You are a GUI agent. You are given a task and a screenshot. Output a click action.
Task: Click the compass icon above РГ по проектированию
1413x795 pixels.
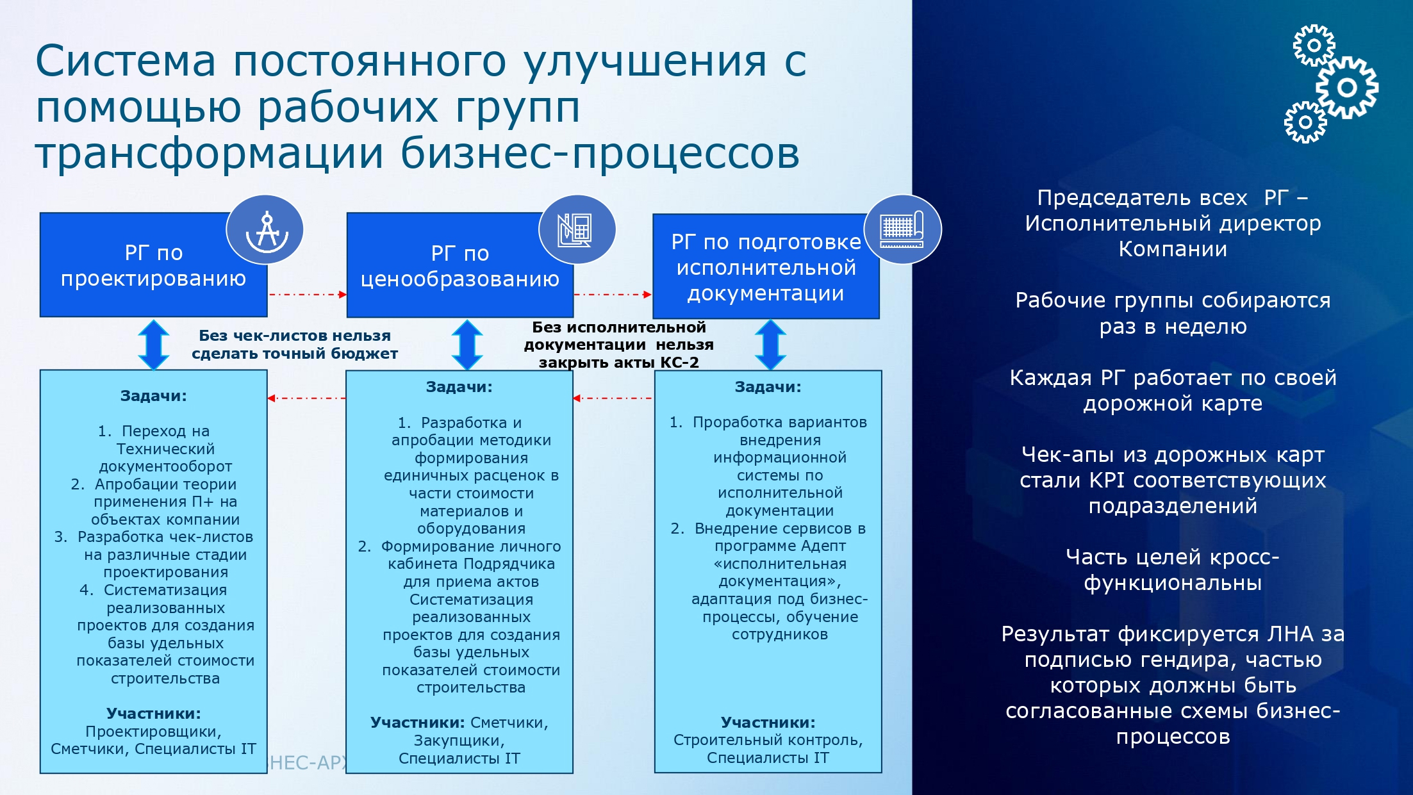pyautogui.click(x=265, y=229)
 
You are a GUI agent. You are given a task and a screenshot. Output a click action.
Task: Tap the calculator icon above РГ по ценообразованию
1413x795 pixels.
pyautogui.click(x=576, y=229)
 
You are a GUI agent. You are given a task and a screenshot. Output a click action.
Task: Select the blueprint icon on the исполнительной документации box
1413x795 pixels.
pyautogui.click(x=902, y=229)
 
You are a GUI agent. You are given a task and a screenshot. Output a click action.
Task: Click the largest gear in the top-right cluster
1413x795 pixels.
pyautogui.click(x=1346, y=87)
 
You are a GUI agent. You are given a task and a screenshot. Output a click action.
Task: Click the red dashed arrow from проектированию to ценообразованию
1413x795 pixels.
pyautogui.click(x=307, y=295)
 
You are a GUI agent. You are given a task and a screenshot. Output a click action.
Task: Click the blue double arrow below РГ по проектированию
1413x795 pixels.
pyautogui.click(x=154, y=345)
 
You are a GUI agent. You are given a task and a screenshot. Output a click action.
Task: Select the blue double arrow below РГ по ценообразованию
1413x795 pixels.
pyautogui.click(x=467, y=345)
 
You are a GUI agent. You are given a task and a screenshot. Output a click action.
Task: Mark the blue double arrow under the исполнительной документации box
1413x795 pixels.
pyautogui.click(x=770, y=345)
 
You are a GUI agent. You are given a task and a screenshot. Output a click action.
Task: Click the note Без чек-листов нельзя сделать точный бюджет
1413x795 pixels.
pyautogui.click(x=294, y=345)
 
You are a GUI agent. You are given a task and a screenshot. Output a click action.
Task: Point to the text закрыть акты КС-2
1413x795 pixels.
pyautogui.click(x=618, y=363)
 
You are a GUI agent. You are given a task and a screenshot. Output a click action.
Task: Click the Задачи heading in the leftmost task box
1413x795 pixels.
pyautogui.click(x=153, y=396)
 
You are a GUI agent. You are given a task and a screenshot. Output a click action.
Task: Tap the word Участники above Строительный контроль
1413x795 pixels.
pyautogui.click(x=768, y=723)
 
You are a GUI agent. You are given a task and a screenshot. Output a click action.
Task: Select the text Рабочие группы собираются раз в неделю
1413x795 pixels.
pyautogui.click(x=1173, y=313)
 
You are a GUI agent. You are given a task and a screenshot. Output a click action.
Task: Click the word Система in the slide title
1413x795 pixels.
pyautogui.click(x=126, y=61)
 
